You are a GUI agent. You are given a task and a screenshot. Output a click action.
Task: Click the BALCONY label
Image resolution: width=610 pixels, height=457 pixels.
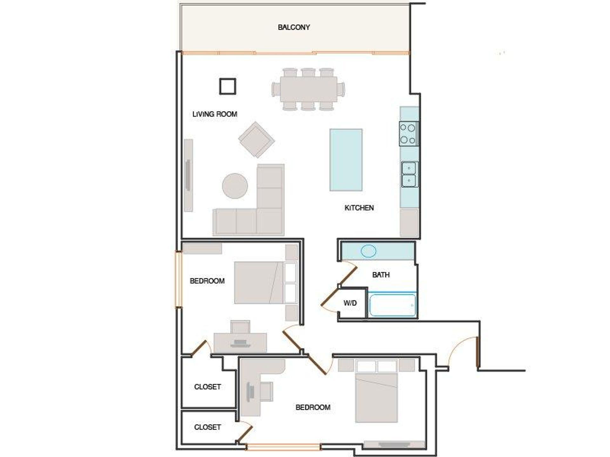point(294,27)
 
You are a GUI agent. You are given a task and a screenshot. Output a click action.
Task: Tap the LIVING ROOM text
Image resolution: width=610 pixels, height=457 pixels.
point(215,114)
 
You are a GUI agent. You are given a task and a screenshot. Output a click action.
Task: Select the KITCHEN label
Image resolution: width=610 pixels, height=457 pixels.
point(359,208)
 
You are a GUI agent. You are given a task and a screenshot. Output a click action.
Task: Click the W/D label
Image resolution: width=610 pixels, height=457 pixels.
point(350,303)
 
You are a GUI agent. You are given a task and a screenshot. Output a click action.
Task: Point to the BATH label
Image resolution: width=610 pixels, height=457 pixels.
point(381,275)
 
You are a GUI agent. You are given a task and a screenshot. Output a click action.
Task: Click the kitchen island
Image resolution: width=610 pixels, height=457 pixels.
point(346,160)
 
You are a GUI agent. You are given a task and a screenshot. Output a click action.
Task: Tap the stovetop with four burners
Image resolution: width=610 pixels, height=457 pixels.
point(409,134)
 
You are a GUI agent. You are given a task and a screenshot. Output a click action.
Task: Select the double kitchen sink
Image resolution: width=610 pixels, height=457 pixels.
point(409,174)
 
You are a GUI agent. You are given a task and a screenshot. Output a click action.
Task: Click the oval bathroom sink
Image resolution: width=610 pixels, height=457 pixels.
point(369,251)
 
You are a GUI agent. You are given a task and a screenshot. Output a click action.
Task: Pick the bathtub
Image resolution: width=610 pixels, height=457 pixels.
point(392,305)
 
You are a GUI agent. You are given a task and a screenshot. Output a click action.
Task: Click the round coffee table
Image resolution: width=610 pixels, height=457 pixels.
point(235,186)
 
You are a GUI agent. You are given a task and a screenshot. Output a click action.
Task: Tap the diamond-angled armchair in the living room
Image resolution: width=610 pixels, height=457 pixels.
point(256,140)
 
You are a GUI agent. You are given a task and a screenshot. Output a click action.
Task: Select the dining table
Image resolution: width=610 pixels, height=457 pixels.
point(308,89)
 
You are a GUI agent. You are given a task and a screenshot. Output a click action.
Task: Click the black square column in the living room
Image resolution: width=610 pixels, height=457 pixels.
point(227,86)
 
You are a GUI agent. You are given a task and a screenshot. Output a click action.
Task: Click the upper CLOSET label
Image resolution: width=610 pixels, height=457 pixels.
point(207,387)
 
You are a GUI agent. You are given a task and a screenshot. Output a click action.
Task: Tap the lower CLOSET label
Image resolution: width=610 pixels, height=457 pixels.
point(207,427)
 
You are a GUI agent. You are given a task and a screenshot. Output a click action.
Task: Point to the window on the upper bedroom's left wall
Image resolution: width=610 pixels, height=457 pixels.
point(179,279)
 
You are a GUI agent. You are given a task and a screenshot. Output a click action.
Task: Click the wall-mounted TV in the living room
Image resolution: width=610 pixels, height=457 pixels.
point(188,175)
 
